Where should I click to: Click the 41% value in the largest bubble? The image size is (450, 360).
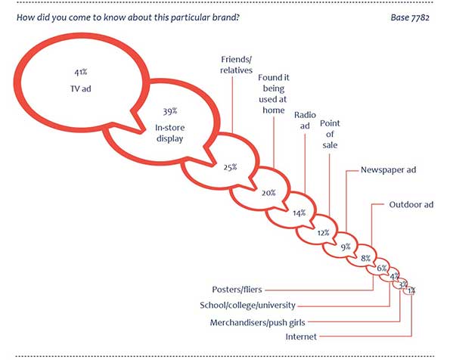point(81,72)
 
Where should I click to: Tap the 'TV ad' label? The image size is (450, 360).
point(81,88)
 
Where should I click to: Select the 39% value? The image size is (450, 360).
point(170,111)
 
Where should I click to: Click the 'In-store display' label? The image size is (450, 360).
point(170,133)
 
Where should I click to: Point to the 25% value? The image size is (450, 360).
point(231,167)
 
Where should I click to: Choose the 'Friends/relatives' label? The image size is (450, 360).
point(236,64)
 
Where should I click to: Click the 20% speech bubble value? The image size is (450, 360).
point(268,193)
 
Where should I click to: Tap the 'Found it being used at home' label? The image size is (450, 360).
point(274,94)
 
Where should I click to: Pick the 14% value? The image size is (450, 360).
point(299,213)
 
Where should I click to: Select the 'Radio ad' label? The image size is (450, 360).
point(305,120)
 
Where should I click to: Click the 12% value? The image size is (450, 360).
point(323,232)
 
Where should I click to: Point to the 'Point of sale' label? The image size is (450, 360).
point(330,134)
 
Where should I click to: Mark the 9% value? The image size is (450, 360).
point(346,247)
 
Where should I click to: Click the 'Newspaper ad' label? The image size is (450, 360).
point(388,169)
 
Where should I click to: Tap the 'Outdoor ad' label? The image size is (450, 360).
point(411,205)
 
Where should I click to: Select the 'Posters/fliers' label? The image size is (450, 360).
point(237,290)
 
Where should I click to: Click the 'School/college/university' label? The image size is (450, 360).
point(247,305)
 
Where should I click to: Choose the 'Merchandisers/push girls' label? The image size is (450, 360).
point(257,323)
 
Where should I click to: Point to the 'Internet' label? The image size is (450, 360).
point(301,337)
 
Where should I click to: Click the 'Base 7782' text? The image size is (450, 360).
point(410,17)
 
